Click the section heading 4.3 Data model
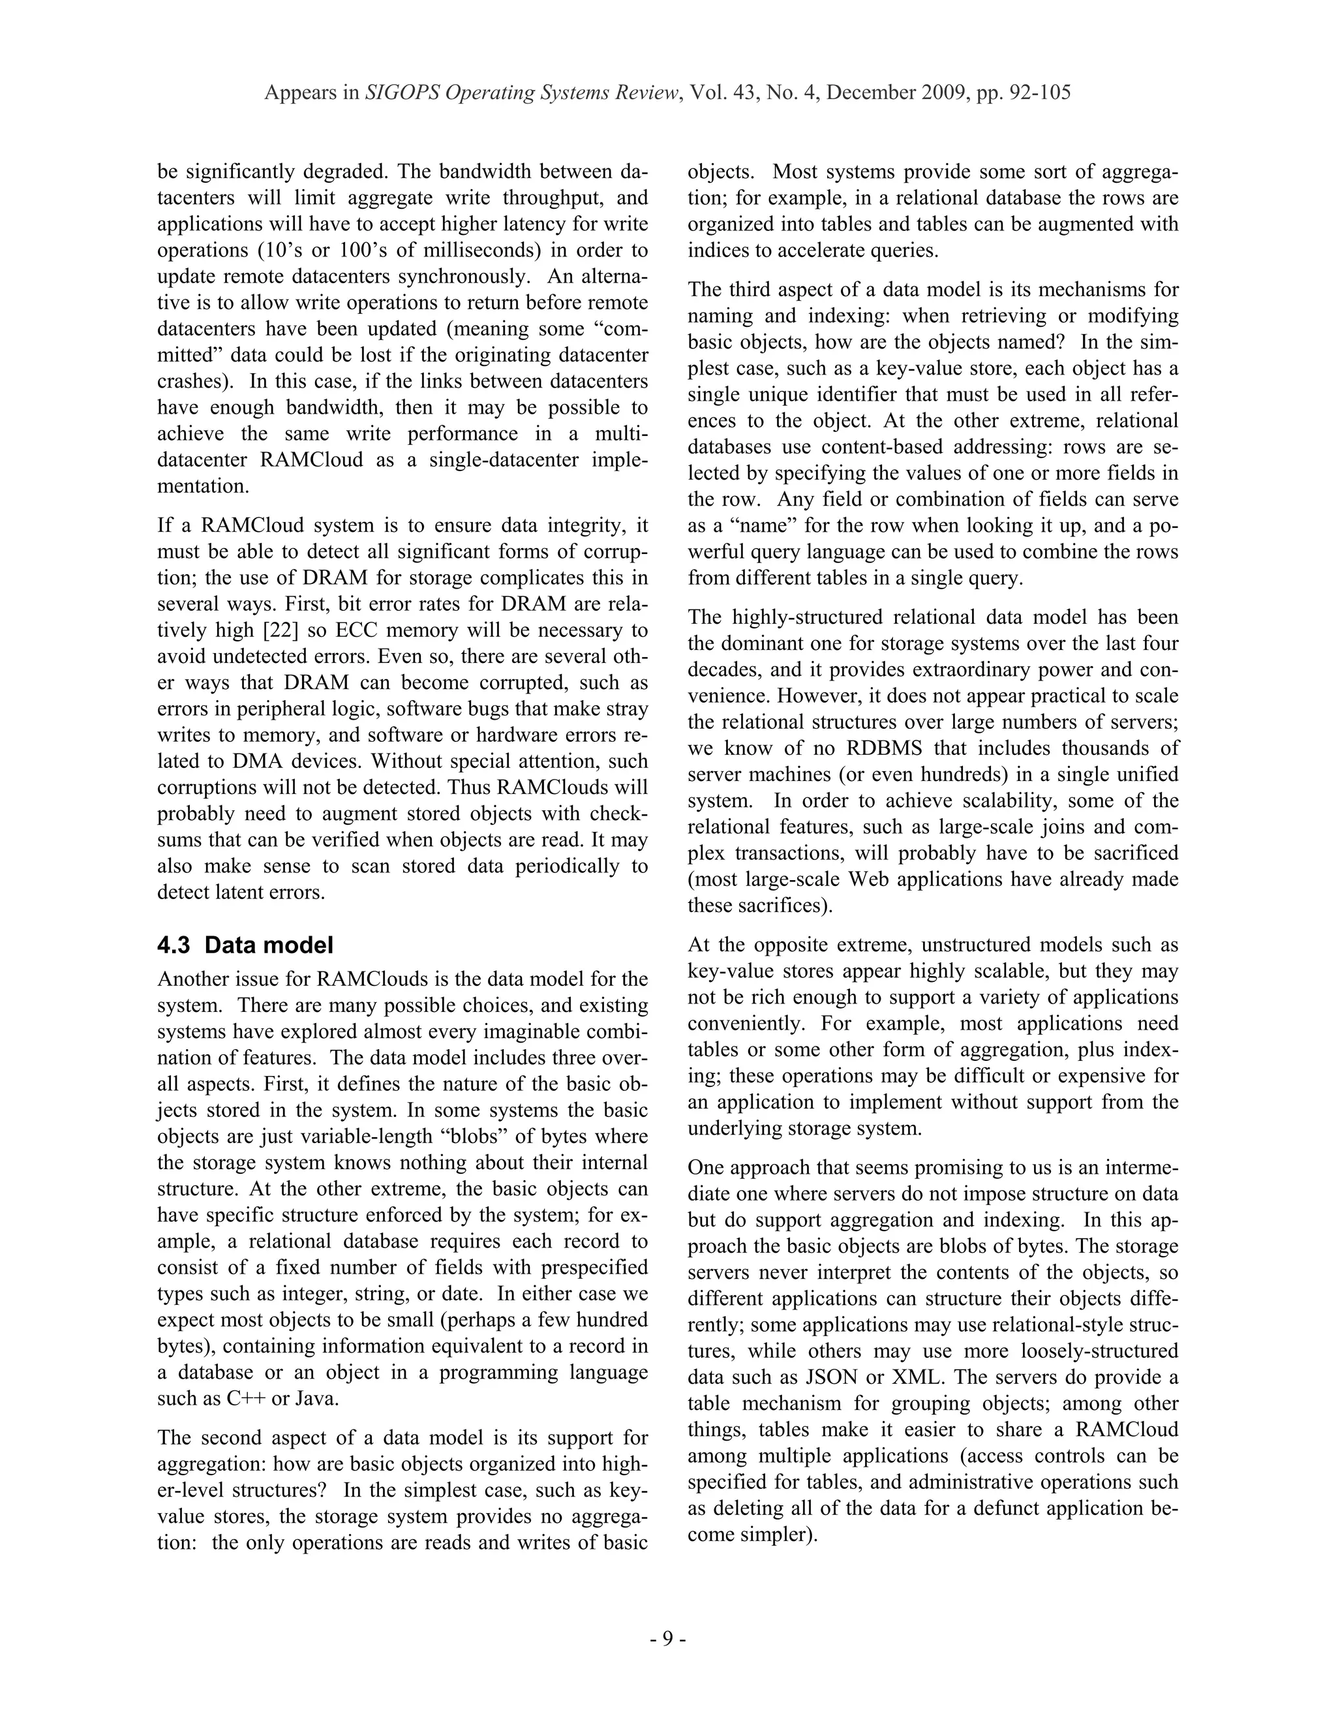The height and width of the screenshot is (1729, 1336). (x=245, y=945)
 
